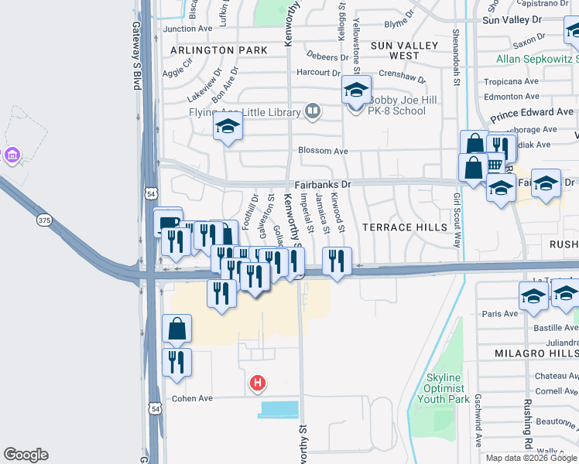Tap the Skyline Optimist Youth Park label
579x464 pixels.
coord(444,388)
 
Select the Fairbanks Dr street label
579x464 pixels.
coord(323,186)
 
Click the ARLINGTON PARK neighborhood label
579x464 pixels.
coord(218,50)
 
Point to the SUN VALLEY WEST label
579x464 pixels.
coord(394,51)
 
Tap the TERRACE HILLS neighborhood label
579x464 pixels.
coord(405,227)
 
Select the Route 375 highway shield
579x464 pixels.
coord(44,220)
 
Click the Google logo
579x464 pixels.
coord(26,455)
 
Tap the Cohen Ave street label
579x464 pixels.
coord(192,399)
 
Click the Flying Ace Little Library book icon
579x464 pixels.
coord(312,112)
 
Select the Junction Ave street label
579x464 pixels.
coord(187,29)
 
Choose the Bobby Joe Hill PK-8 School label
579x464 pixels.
coord(396,105)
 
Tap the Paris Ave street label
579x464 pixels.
coord(499,314)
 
